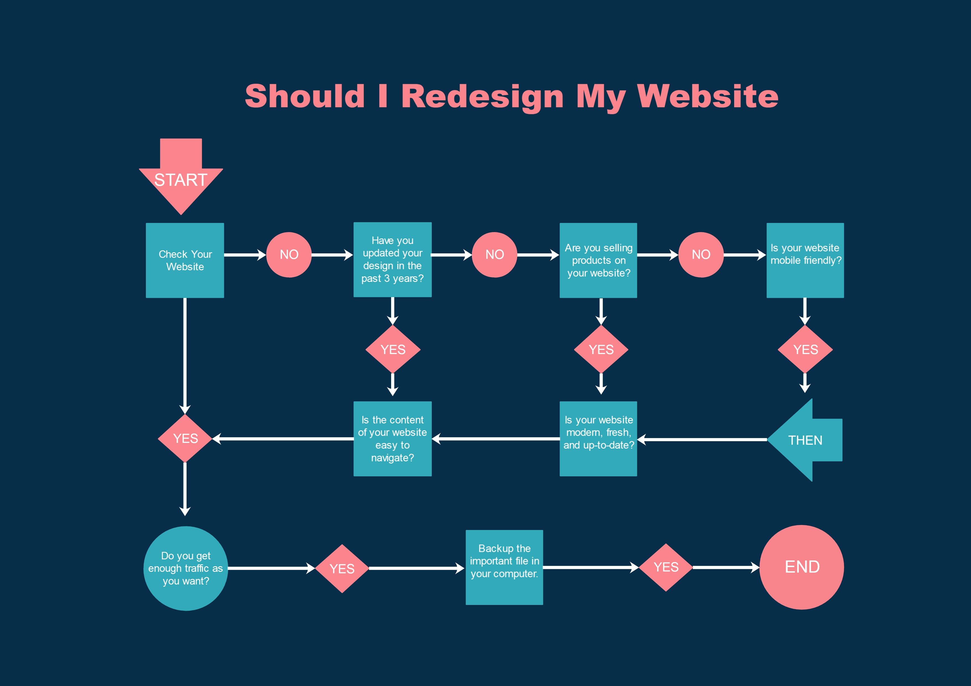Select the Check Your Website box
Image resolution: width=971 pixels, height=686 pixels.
coord(185,260)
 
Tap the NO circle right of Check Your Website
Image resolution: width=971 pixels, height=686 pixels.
coord(289,254)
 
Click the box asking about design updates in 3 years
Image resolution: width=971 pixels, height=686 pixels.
coord(392,259)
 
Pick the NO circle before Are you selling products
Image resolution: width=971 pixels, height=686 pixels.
coord(494,254)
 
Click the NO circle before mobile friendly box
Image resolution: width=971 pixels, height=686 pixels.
coord(701,254)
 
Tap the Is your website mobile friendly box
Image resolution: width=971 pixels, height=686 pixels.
coord(805,260)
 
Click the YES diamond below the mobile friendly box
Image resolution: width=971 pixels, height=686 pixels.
coord(805,350)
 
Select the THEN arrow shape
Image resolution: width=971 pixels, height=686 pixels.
coord(804,440)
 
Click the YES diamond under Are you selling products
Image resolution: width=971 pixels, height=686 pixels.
coord(601,350)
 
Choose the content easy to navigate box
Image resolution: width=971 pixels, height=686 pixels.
coord(392,439)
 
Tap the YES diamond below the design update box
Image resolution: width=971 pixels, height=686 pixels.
coord(393,350)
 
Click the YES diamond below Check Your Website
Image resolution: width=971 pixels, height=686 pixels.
coord(185,438)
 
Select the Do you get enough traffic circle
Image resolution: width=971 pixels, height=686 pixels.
coord(186,568)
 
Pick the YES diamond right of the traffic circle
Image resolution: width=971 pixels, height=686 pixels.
coord(342,568)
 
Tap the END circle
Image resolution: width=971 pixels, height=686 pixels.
coord(802,567)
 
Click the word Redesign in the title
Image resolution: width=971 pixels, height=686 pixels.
coord(482,96)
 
